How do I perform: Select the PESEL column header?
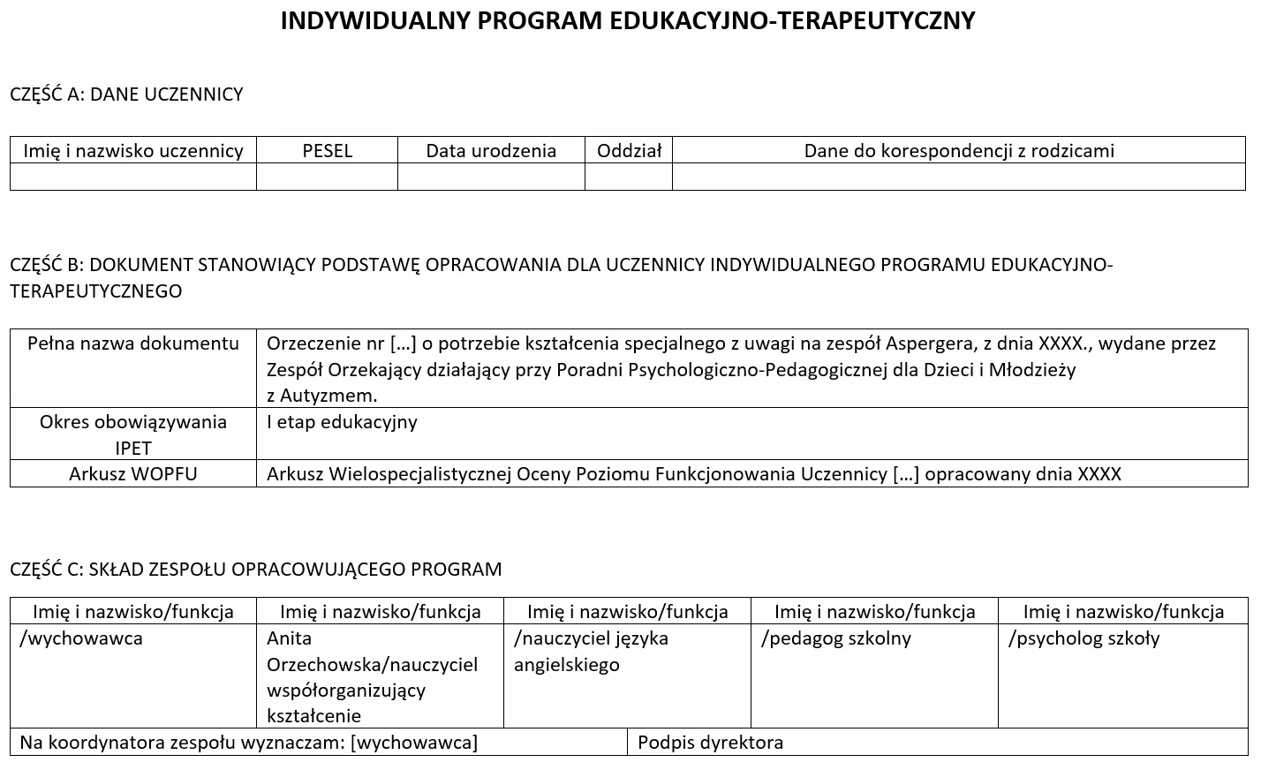[x=327, y=150]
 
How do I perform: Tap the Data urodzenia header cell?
[x=491, y=150]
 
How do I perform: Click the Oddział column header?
[x=629, y=150]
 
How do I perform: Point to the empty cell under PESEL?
[x=327, y=177]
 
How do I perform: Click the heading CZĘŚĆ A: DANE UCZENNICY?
[x=126, y=94]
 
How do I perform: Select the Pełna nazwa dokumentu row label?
[x=133, y=343]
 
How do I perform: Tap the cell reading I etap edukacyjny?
[x=342, y=421]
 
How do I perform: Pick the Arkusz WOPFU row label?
[x=133, y=473]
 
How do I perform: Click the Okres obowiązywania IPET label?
[x=133, y=434]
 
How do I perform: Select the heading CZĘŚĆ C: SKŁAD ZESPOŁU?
[x=255, y=569]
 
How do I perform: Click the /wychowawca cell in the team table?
[x=81, y=638]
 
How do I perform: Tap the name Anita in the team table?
[x=290, y=638]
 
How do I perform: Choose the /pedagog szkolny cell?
[x=836, y=638]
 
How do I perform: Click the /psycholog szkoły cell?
[x=1084, y=638]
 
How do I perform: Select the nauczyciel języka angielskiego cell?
[x=591, y=651]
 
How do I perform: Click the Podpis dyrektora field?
[x=711, y=742]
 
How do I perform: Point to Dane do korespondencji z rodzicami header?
[x=959, y=150]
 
